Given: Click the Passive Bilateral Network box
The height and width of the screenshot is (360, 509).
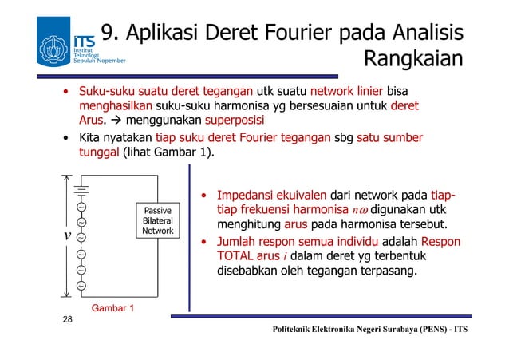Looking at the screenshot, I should click(x=158, y=220).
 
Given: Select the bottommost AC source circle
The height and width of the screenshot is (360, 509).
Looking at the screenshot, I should click(x=81, y=283).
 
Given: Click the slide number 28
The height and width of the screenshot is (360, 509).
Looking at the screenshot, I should click(x=69, y=320).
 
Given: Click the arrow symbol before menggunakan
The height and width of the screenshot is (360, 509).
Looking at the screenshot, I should click(x=116, y=121).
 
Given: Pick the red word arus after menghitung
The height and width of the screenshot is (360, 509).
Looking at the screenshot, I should click(x=296, y=224).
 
